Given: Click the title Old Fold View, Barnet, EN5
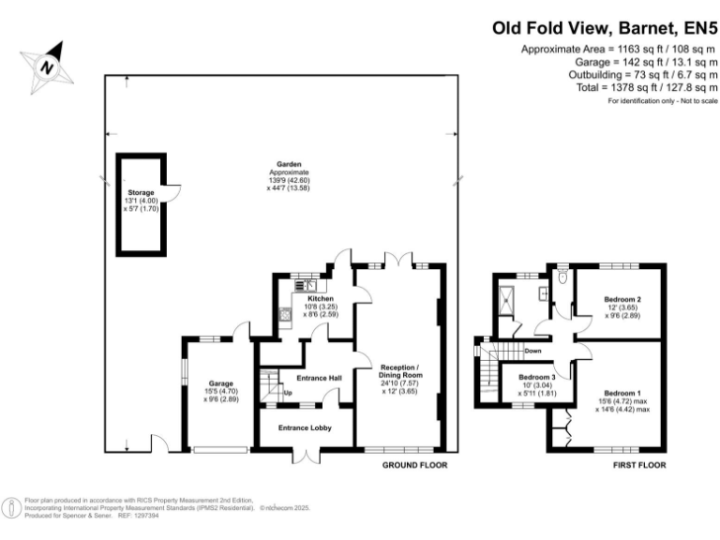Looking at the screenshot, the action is pos(605,28).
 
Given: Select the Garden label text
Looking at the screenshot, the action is pos(282,165).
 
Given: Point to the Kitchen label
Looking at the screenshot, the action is pos(307,299).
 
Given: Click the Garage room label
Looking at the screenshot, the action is pos(220,383).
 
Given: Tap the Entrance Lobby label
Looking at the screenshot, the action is pos(306,427).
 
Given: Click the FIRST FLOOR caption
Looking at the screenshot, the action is pos(638,465).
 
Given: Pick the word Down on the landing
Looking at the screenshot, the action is pos(532,351).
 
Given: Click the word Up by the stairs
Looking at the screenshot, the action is pos(288,392).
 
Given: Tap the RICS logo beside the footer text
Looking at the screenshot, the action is pos(13,507).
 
